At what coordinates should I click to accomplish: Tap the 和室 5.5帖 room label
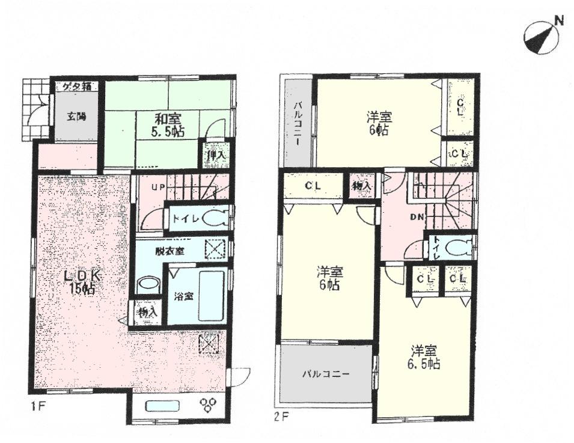pyautogui.click(x=166, y=124)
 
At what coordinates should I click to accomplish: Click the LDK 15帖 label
pyautogui.click(x=81, y=282)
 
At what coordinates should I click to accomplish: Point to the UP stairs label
pyautogui.click(x=158, y=188)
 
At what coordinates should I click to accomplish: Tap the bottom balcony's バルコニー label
pyautogui.click(x=325, y=374)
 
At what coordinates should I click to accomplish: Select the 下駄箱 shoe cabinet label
pyautogui.click(x=77, y=87)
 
